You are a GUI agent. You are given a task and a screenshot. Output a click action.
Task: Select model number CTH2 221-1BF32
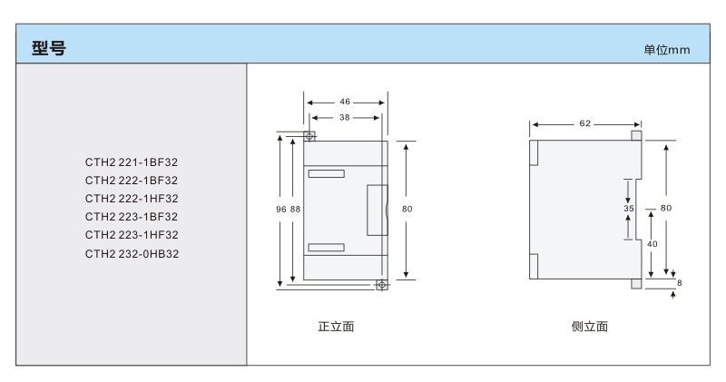[132, 162]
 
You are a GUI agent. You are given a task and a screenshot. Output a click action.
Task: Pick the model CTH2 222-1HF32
[132, 199]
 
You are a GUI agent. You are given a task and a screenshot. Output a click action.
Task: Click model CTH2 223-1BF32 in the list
[132, 217]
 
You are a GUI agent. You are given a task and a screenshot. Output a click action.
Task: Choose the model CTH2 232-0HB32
[132, 253]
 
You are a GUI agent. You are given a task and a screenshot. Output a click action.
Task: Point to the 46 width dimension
[347, 103]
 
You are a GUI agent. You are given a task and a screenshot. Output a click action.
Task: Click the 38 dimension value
[347, 119]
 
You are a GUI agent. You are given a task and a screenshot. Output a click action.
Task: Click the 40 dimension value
[652, 244]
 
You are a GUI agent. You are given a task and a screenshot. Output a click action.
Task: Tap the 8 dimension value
[680, 284]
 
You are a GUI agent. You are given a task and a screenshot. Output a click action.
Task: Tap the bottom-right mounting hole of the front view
[381, 285]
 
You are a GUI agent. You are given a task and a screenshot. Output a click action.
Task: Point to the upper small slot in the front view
[326, 173]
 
